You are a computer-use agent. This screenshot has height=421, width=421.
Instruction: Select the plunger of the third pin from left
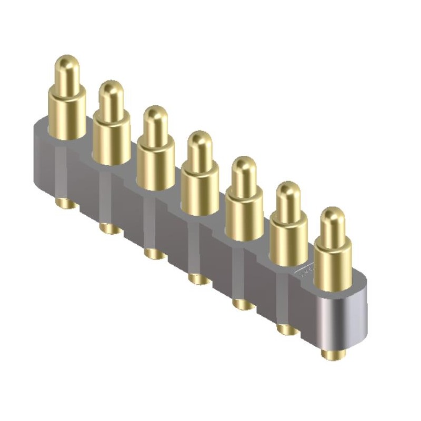point(155,122)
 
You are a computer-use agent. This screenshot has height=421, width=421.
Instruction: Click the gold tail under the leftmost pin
point(66,203)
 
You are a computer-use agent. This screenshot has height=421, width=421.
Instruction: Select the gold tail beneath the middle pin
point(199,278)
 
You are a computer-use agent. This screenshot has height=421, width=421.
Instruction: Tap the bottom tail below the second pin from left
point(110,228)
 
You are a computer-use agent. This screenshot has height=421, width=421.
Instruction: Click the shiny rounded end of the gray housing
point(345,318)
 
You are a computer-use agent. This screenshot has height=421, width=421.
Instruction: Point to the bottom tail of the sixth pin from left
point(287,329)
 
